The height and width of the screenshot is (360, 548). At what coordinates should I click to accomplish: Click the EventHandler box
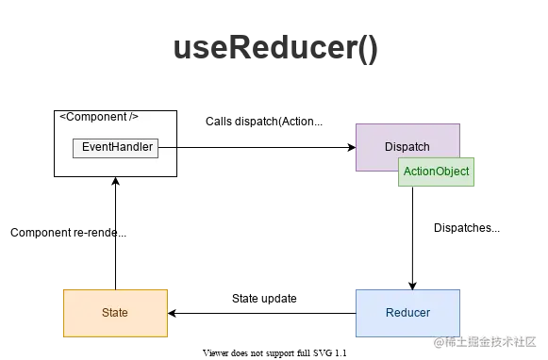click(115, 147)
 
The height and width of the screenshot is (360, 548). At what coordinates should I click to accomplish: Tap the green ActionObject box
click(436, 172)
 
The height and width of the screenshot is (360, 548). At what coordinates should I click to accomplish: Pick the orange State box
click(115, 312)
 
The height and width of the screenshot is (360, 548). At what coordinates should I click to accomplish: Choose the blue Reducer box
click(407, 312)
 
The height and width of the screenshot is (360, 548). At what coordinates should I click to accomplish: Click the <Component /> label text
click(99, 117)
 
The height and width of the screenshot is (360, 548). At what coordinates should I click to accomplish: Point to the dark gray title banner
click(274, 48)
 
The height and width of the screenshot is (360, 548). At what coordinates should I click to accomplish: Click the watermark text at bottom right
click(482, 340)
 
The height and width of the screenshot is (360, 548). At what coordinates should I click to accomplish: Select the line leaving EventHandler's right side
click(169, 147)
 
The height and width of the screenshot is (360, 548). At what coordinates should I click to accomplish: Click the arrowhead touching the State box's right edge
click(171, 312)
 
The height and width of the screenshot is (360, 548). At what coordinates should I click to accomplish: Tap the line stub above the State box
click(115, 285)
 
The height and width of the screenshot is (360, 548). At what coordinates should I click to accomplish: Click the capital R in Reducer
click(390, 312)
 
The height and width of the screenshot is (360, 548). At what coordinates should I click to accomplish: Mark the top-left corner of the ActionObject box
click(399, 158)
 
